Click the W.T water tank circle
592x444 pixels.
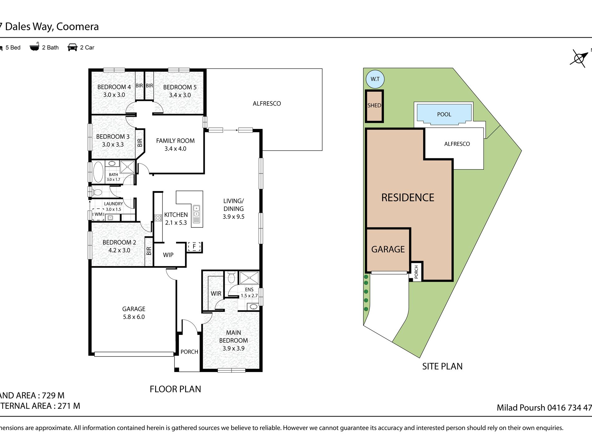(375, 79)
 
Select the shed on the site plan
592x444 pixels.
(374, 106)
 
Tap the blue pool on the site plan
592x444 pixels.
(444, 114)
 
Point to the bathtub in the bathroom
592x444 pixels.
(98, 172)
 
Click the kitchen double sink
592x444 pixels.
(197, 211)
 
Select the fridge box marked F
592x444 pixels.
(194, 246)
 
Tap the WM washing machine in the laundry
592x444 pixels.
(98, 214)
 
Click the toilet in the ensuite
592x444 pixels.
(231, 277)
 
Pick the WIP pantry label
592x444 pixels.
(168, 255)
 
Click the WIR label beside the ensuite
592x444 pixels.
(216, 294)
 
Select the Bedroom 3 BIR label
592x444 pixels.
(140, 143)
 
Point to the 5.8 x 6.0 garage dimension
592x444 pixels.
(134, 317)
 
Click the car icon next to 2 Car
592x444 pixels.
(72, 47)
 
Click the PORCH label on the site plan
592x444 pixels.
(416, 272)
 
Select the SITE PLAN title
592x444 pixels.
(442, 366)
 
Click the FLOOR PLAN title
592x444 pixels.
(175, 389)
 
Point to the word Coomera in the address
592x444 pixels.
(78, 26)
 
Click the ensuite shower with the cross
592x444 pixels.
(249, 278)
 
